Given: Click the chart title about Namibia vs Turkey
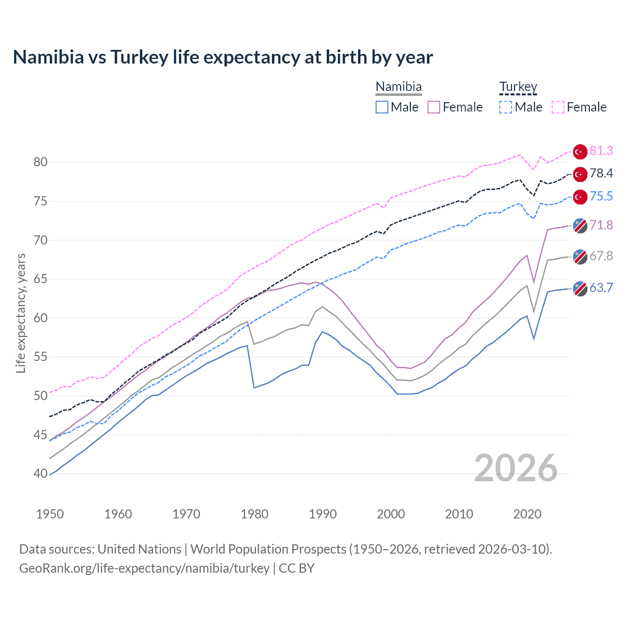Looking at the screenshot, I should pyautogui.click(x=223, y=57).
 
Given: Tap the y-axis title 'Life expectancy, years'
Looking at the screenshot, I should pyautogui.click(x=21, y=313).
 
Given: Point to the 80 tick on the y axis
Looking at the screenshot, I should pyautogui.click(x=41, y=162).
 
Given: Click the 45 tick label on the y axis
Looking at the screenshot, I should pyautogui.click(x=41, y=435).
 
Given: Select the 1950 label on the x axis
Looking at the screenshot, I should pyautogui.click(x=50, y=514).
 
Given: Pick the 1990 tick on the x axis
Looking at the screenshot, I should pyautogui.click(x=323, y=514).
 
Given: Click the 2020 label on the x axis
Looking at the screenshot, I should pyautogui.click(x=527, y=514).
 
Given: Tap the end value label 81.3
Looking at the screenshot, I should pyautogui.click(x=601, y=151).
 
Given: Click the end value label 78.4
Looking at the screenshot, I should pyautogui.click(x=601, y=174).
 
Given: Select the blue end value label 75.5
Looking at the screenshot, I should pyautogui.click(x=601, y=197).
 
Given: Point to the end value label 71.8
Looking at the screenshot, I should pyautogui.click(x=601, y=225).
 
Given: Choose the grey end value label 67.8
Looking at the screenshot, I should pyautogui.click(x=601, y=256).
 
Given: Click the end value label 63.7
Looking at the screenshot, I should pyautogui.click(x=601, y=288).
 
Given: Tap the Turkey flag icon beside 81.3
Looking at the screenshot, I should pyautogui.click(x=580, y=152).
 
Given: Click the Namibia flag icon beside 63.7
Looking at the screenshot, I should pyautogui.click(x=580, y=289).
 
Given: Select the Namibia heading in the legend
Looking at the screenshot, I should pyautogui.click(x=399, y=87).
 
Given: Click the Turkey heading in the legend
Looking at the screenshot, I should pyautogui.click(x=518, y=87).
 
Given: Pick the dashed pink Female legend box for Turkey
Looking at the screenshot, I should pyautogui.click(x=558, y=107).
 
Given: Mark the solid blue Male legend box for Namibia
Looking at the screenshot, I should pyautogui.click(x=382, y=107).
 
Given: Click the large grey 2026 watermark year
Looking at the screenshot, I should pyautogui.click(x=515, y=468).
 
